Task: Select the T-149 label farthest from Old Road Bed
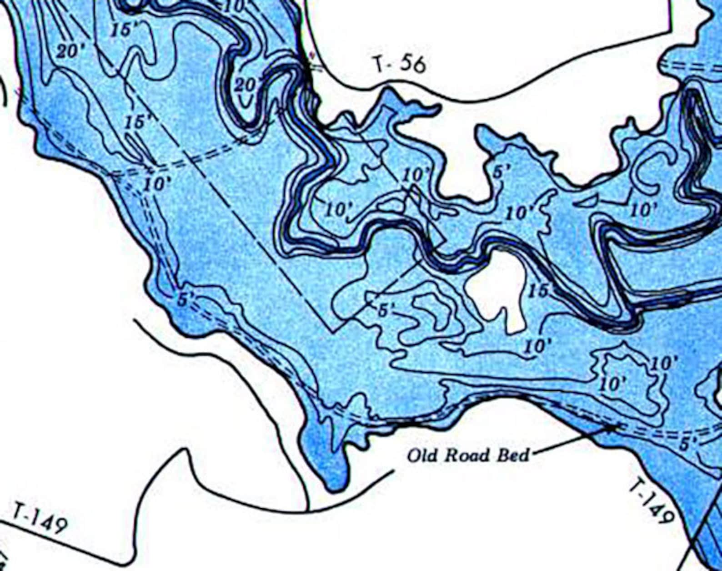pos(39,518)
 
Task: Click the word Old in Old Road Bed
pos(423,455)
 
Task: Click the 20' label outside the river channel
pos(69,51)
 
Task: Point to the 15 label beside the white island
pos(539,290)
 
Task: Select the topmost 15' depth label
pos(125,29)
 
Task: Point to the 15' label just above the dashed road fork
pos(139,122)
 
